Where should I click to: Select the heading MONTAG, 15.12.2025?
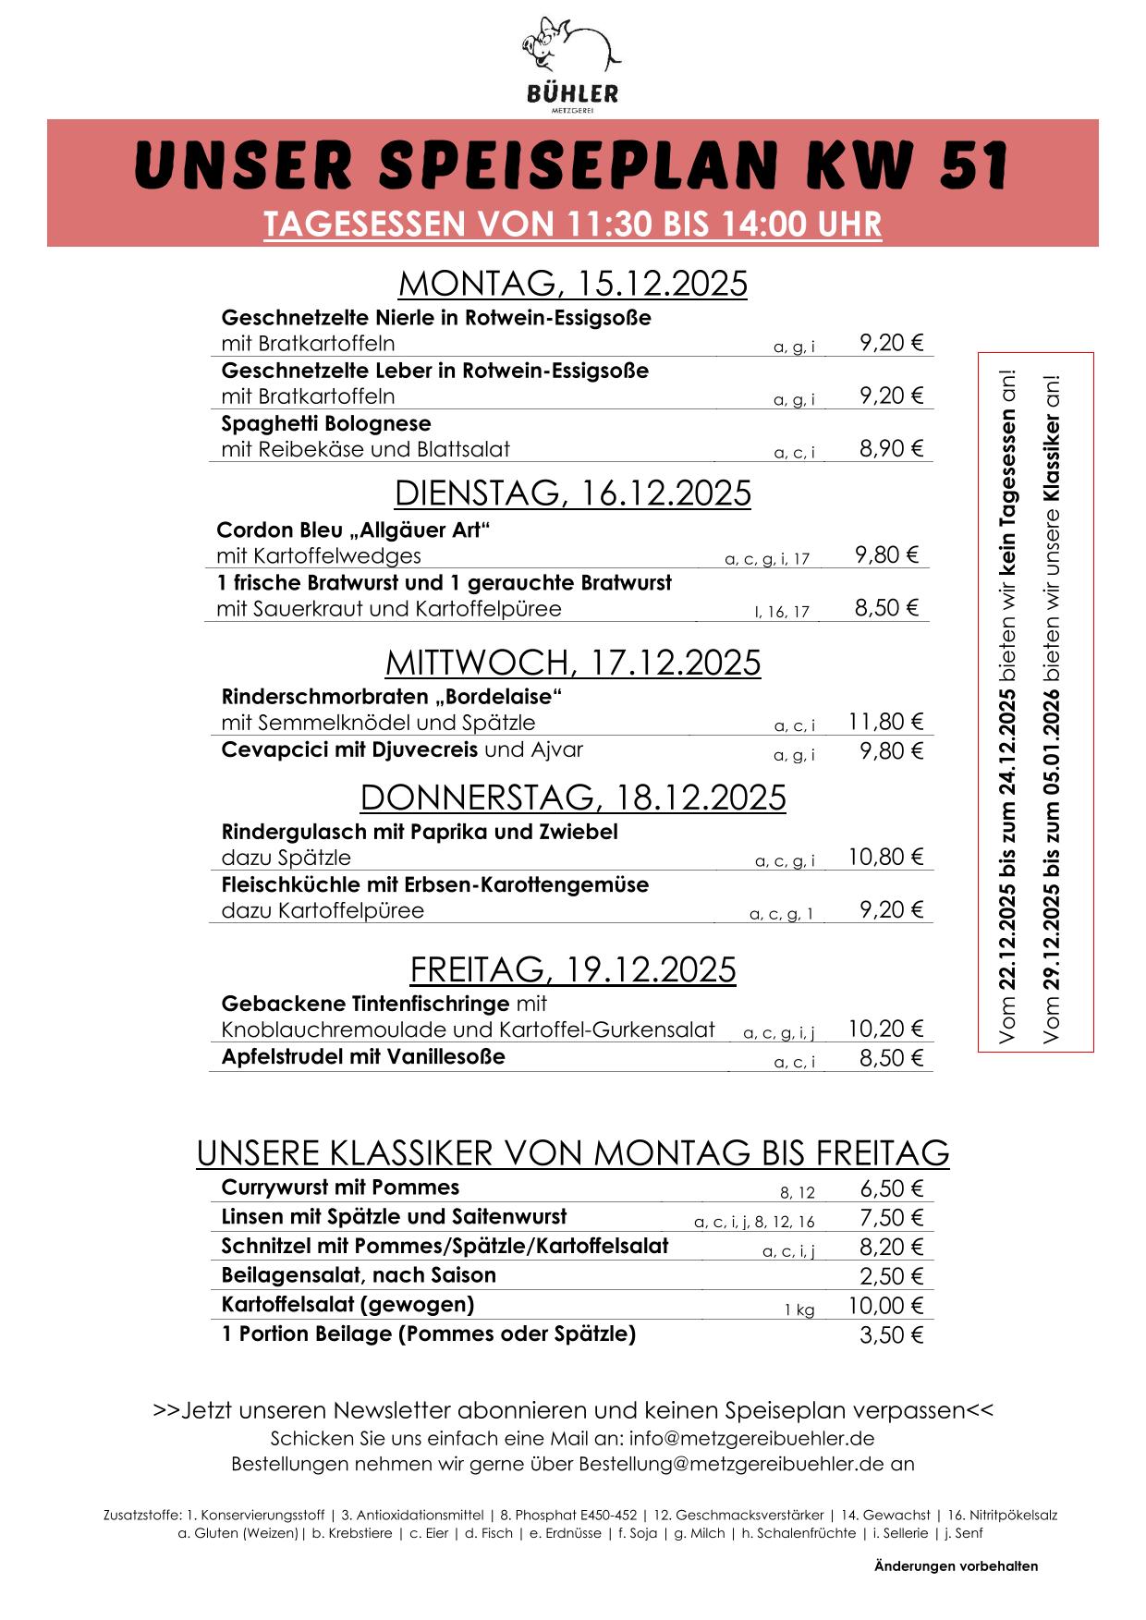(572, 284)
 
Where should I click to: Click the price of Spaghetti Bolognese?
(891, 449)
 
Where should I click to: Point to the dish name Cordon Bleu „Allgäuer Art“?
(352, 530)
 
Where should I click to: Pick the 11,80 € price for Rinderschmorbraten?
(885, 722)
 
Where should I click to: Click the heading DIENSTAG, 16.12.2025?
(572, 493)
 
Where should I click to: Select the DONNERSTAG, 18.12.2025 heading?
(572, 797)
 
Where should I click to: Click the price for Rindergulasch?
(885, 858)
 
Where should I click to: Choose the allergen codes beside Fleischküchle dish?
(781, 915)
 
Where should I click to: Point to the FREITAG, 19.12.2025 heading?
(572, 969)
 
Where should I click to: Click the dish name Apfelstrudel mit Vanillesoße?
(363, 1056)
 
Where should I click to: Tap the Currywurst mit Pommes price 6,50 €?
(891, 1188)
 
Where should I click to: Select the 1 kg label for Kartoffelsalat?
(799, 1309)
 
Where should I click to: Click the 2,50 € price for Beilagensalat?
(891, 1276)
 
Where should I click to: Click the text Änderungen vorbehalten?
(956, 1565)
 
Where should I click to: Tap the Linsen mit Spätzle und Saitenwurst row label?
(394, 1217)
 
